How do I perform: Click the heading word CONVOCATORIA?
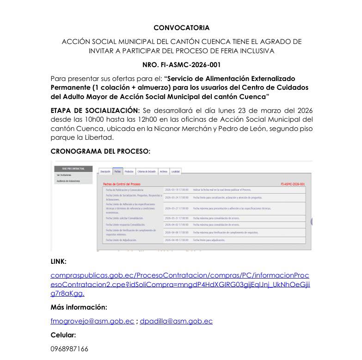tap(181, 28)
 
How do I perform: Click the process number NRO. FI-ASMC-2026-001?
tap(181, 65)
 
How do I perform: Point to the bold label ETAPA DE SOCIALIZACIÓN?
tap(95, 110)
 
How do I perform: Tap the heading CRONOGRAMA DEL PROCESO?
tap(100, 151)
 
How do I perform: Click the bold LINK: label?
tap(58, 261)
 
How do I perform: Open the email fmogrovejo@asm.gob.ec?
tap(92, 321)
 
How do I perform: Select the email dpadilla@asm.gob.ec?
tap(176, 321)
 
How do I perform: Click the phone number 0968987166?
tap(69, 348)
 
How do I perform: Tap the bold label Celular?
tap(63, 335)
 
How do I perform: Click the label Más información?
tap(79, 307)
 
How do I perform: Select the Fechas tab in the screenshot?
tap(117, 171)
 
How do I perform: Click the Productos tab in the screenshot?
tap(129, 171)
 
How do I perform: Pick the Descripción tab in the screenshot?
tap(105, 171)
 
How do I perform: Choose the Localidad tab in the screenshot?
tap(175, 171)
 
